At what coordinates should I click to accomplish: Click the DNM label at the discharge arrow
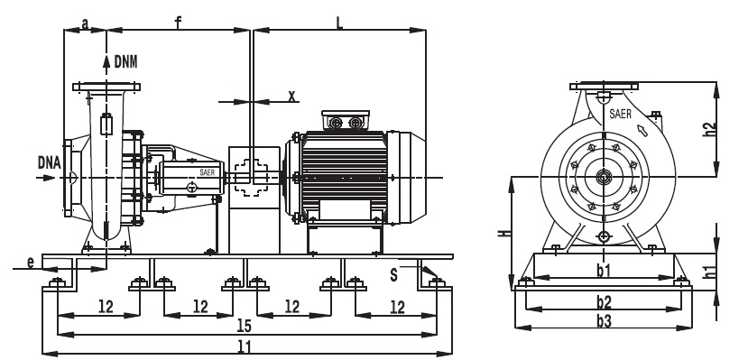126,62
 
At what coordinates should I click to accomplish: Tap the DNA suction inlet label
49,163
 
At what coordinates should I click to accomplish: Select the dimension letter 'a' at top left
85,23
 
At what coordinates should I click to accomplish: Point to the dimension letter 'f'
178,23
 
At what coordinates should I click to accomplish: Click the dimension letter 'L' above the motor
339,23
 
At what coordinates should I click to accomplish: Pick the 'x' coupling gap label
292,97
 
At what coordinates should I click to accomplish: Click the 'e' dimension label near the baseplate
31,263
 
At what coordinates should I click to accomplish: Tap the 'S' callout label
393,275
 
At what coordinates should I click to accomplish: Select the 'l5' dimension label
244,326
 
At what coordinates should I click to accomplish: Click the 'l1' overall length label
244,346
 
